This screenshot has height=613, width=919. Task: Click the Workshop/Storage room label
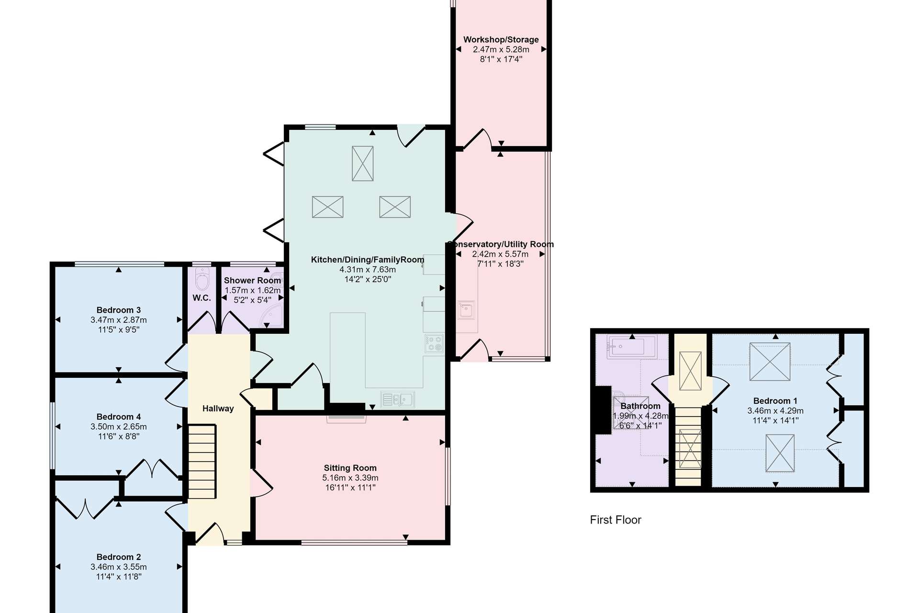click(501, 40)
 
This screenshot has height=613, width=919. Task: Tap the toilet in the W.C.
click(202, 279)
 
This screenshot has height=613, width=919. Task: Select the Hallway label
click(218, 409)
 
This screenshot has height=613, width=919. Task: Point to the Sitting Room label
click(350, 468)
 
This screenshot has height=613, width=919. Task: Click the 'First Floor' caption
click(615, 520)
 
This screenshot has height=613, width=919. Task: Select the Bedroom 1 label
click(775, 401)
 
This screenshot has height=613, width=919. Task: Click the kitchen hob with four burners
click(434, 344)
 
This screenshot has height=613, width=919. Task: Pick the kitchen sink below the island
click(397, 399)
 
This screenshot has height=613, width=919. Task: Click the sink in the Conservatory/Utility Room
click(466, 310)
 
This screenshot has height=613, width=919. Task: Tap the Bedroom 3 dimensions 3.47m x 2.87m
click(119, 320)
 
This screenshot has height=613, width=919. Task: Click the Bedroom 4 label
click(119, 417)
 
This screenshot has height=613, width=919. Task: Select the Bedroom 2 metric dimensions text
click(119, 567)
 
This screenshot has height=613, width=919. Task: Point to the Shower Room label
click(252, 281)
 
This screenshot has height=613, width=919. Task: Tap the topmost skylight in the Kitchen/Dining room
click(362, 163)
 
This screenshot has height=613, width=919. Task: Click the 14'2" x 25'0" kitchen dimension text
click(368, 279)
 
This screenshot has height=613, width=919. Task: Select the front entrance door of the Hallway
click(210, 534)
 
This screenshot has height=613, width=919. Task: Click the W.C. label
click(202, 298)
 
